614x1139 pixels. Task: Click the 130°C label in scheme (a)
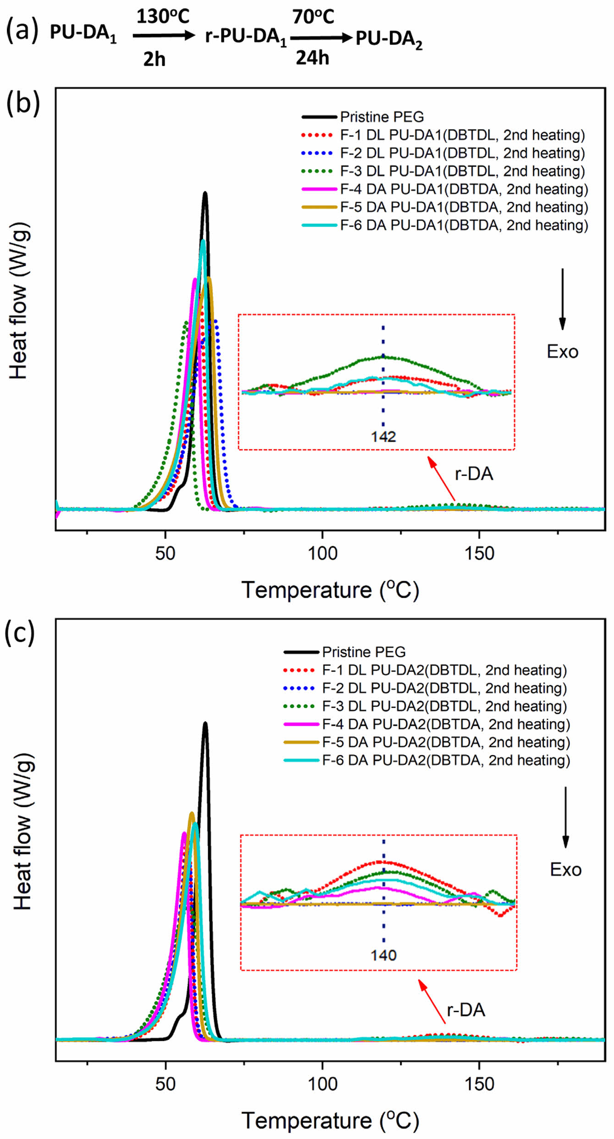[163, 17]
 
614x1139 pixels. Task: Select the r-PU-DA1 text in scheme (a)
[246, 37]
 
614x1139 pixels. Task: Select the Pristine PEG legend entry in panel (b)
[382, 117]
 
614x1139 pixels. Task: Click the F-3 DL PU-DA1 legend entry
[462, 171]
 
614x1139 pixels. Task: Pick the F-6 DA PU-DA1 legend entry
[464, 225]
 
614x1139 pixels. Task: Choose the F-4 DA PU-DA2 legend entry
[446, 724]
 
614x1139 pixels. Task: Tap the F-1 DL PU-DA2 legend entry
[444, 670]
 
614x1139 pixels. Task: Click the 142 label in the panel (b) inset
[383, 436]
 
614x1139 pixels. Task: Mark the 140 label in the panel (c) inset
[383, 956]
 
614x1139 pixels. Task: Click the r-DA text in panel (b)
[474, 474]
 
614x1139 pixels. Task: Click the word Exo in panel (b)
[562, 352]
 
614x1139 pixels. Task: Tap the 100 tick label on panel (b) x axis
[322, 554]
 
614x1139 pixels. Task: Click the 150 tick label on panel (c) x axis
[479, 1084]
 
